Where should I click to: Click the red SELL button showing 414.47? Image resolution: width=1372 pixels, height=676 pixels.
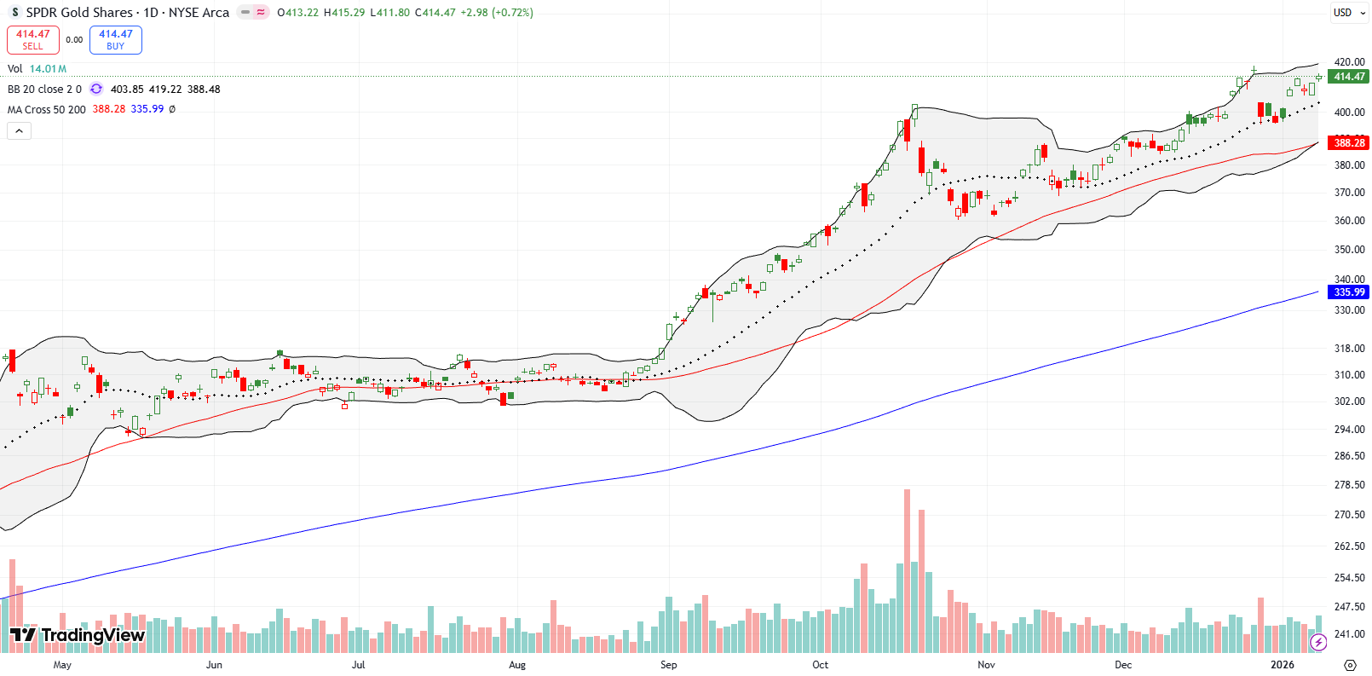point(32,39)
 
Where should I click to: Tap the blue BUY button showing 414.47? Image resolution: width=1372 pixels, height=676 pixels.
point(115,39)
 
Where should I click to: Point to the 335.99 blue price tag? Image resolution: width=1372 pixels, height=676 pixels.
point(1348,292)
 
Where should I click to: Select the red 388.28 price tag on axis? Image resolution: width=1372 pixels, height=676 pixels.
point(1348,142)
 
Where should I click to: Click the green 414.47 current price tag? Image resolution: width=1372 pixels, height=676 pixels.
point(1348,76)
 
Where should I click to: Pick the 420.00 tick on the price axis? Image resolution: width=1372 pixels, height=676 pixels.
point(1348,62)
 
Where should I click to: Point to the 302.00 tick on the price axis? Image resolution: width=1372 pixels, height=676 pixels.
point(1348,401)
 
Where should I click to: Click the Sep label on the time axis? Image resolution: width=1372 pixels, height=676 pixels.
point(668,665)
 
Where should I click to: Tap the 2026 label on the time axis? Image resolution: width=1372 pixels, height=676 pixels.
point(1282,665)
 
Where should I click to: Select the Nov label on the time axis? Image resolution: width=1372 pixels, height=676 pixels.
point(986,665)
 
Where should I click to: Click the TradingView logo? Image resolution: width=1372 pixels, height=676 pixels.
point(78,635)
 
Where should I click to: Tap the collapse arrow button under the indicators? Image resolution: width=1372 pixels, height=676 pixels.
point(19,130)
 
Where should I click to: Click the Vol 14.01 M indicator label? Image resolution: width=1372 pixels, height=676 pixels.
point(37,69)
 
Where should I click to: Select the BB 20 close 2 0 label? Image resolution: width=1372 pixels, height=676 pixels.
point(44,89)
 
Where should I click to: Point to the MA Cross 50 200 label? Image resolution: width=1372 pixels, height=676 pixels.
point(47,109)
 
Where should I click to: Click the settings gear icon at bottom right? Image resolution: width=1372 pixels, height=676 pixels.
point(1350,665)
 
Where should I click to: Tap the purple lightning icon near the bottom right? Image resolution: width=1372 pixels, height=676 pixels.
point(1318,642)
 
